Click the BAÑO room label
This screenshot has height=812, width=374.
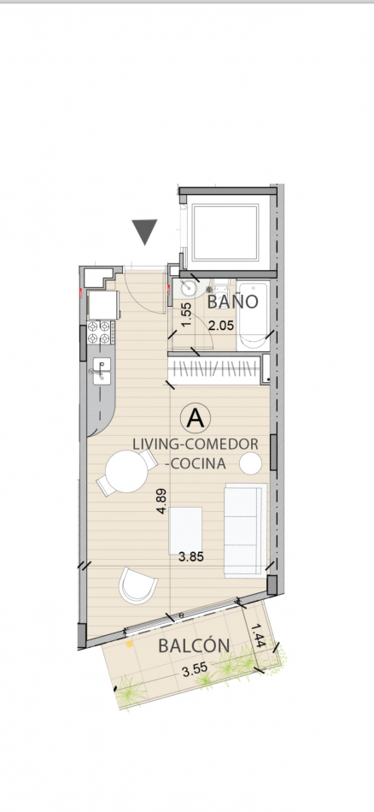(232, 302)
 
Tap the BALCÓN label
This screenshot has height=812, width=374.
(194, 646)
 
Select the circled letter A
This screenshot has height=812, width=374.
(195, 418)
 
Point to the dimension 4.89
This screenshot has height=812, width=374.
(161, 502)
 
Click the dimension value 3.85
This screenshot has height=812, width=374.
(191, 557)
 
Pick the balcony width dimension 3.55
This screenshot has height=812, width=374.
(196, 671)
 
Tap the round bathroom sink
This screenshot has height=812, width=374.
(187, 287)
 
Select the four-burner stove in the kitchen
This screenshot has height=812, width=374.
(101, 332)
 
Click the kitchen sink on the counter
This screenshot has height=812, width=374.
(102, 371)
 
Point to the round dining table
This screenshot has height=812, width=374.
(126, 471)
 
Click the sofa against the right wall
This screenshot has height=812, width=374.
(246, 530)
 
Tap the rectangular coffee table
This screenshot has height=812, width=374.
(186, 531)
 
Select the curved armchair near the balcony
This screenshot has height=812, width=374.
(138, 585)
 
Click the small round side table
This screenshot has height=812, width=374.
(251, 462)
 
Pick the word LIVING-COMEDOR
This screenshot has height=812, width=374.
(195, 444)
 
